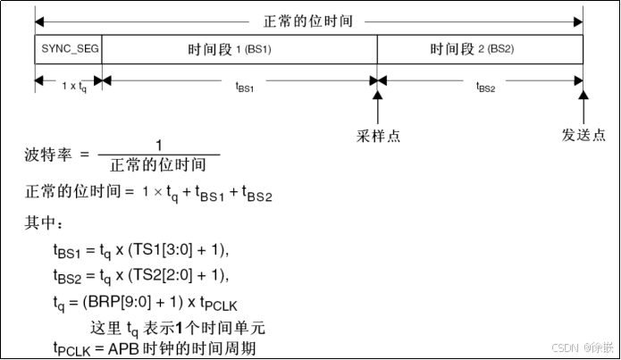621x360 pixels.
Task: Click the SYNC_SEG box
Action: tap(68, 47)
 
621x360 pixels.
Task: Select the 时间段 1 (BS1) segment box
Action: tap(239, 47)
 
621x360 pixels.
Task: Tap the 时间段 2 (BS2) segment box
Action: tap(480, 47)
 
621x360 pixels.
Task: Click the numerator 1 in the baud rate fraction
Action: tap(158, 146)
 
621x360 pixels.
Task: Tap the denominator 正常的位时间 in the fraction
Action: tap(158, 165)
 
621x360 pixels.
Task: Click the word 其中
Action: tap(42, 222)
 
